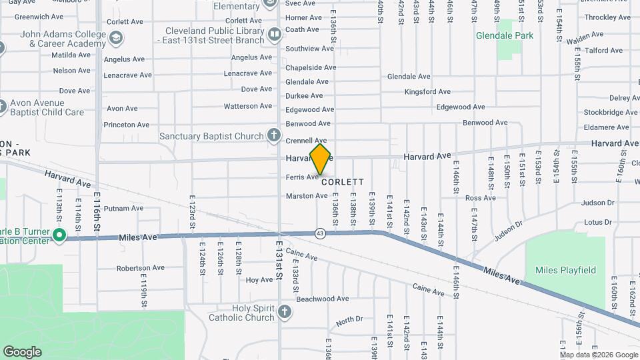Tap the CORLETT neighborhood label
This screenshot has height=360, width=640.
tap(343, 181)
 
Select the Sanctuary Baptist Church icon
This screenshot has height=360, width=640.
tap(273, 136)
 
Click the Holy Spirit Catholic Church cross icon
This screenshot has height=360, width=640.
tap(285, 312)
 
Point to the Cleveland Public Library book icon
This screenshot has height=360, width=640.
tap(274, 35)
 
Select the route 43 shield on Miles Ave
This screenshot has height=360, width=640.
tap(320, 233)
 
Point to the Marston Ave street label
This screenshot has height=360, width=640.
tap(307, 196)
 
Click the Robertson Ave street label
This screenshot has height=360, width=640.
tap(140, 268)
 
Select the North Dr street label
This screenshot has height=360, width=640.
tap(349, 321)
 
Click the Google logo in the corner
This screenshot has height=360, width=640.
tap(23, 351)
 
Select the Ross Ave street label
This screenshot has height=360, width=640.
tap(481, 198)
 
